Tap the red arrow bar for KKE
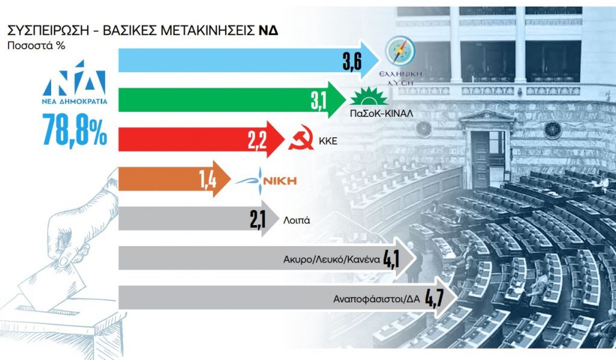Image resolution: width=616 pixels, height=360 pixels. (180, 140)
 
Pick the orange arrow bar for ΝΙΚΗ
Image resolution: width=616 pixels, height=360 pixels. (156, 179)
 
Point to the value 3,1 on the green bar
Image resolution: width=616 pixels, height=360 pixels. (319, 101)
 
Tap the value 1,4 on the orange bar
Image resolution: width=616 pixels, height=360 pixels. (208, 179)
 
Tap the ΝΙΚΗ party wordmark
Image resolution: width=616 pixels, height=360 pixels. (279, 180)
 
